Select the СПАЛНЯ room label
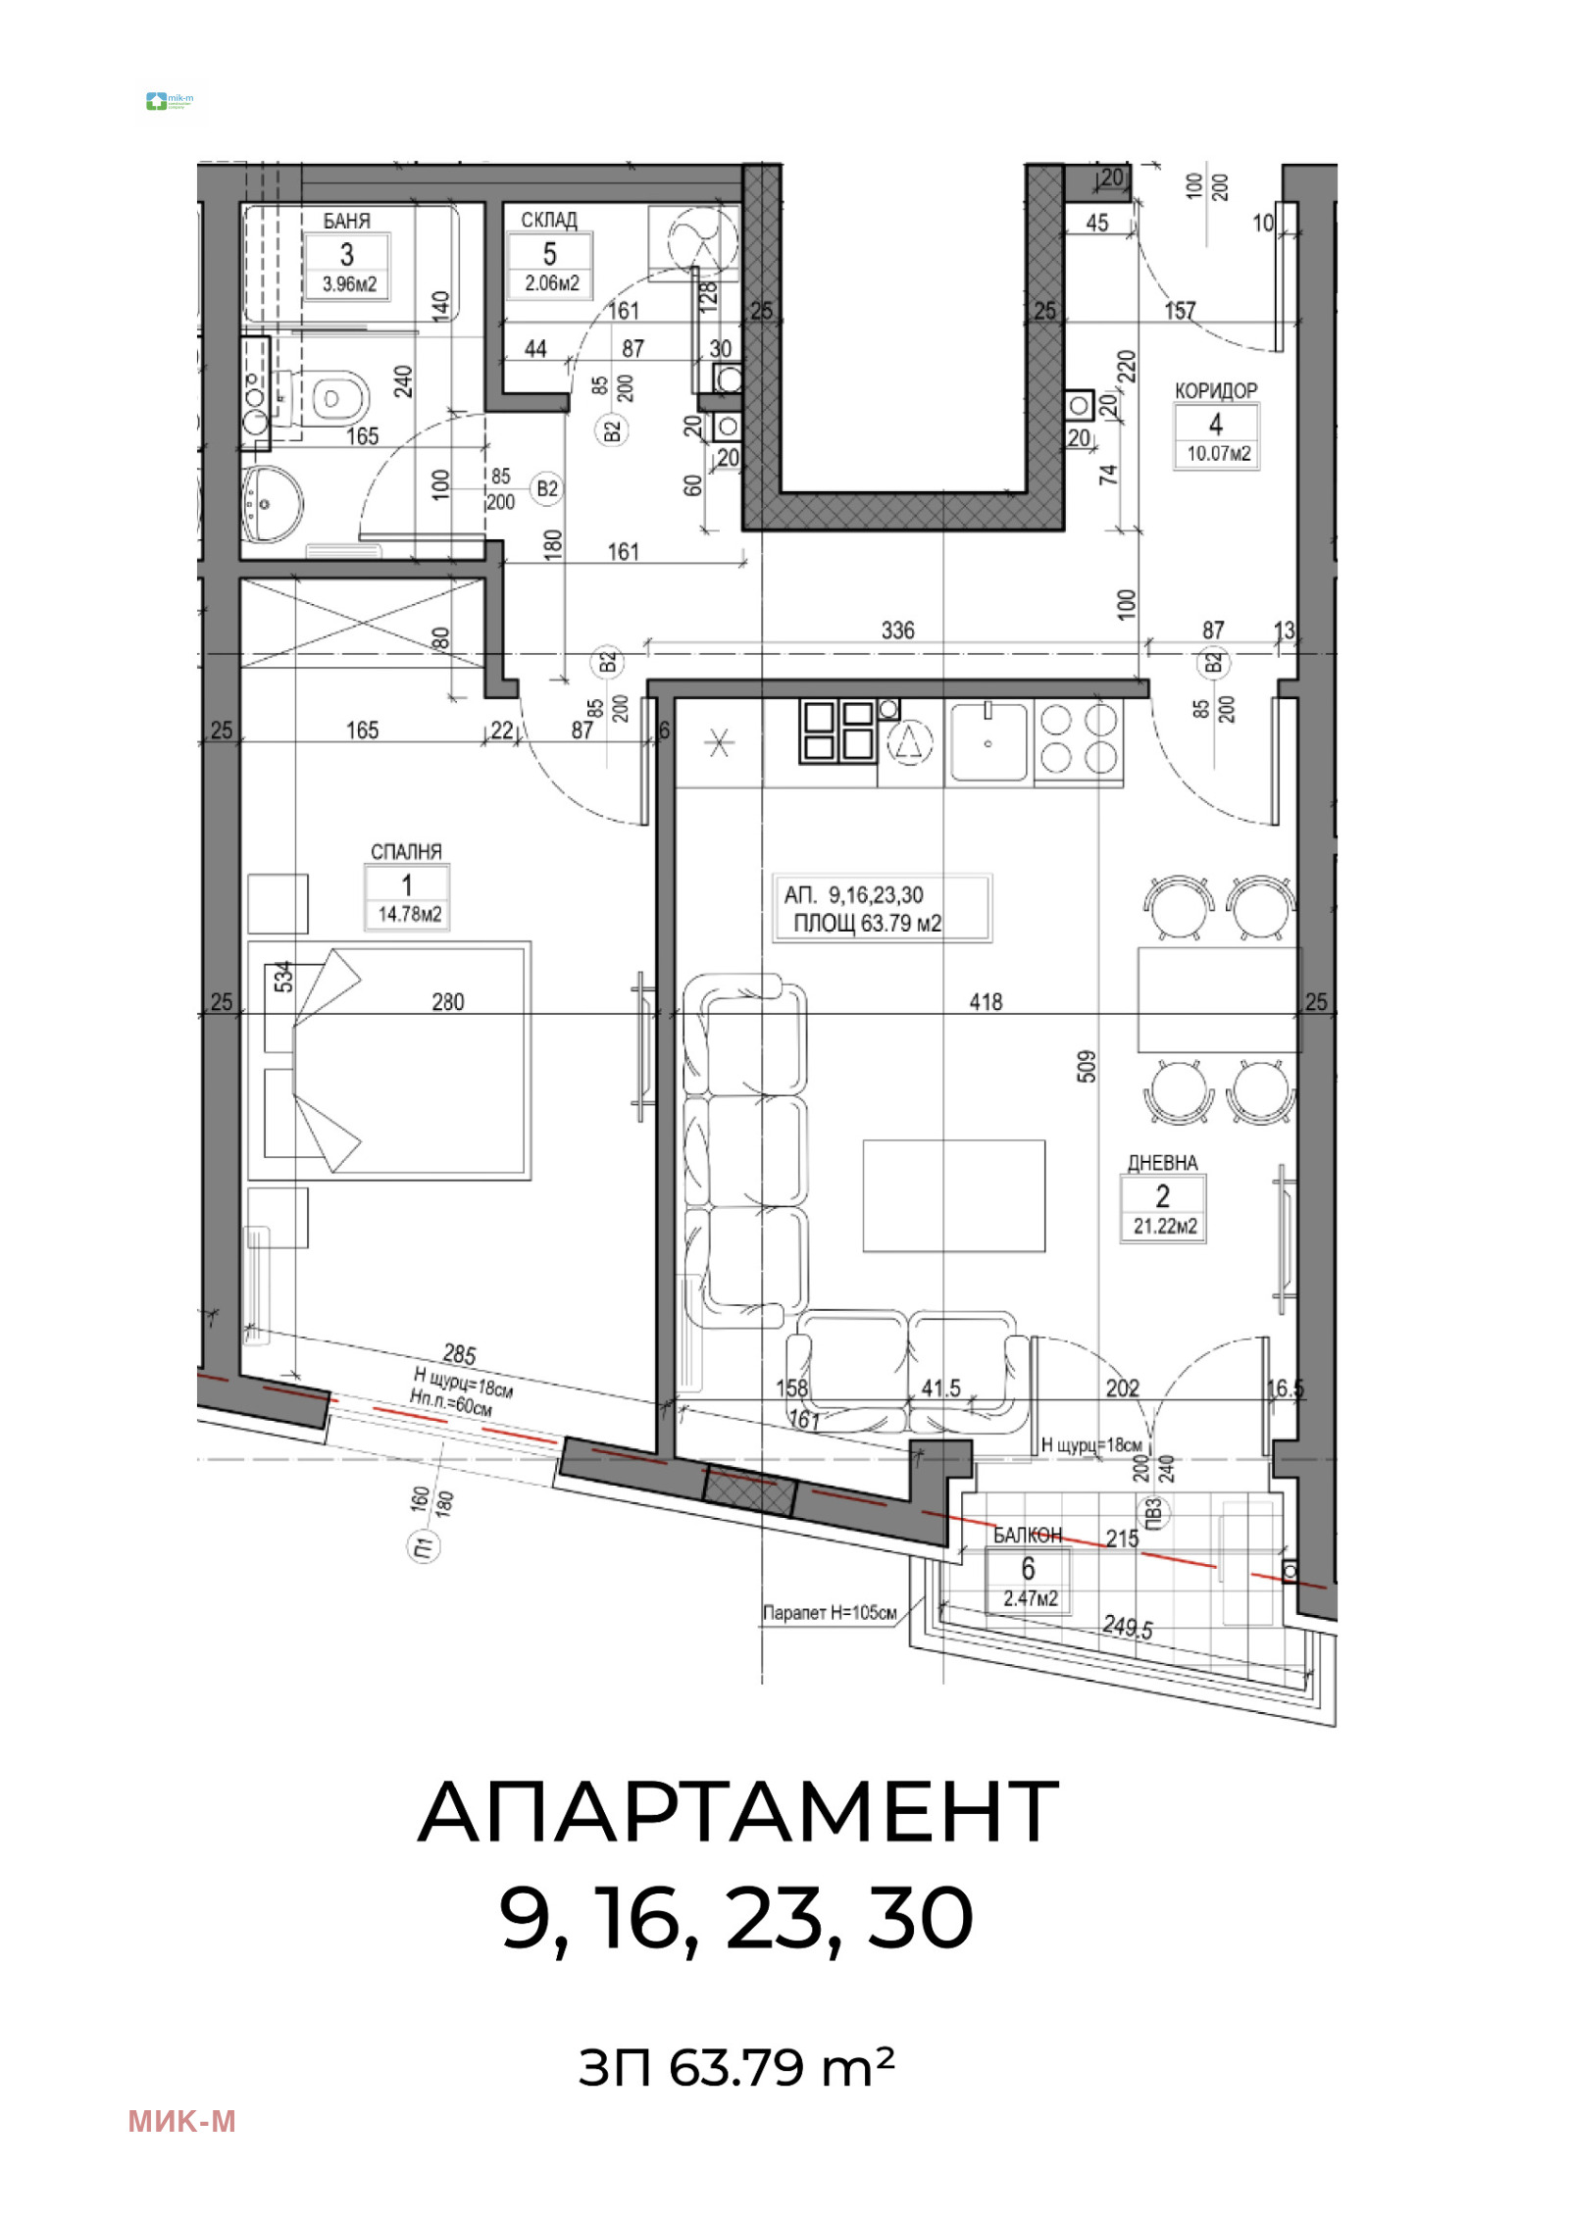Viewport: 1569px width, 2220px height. [x=406, y=851]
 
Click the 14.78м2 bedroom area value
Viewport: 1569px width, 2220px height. [x=409, y=914]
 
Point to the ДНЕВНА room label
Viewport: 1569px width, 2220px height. [x=1162, y=1163]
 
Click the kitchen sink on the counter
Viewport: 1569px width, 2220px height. [x=988, y=742]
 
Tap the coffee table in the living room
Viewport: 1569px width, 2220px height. [x=953, y=1195]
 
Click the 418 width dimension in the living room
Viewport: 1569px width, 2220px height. [x=986, y=1001]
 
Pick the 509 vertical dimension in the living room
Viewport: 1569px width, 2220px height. [x=1087, y=1066]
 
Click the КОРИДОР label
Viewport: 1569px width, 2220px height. [x=1216, y=390]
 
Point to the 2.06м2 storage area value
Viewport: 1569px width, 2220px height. [x=551, y=283]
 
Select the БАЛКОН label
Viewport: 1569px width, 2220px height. [x=1027, y=1535]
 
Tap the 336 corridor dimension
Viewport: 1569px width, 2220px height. [x=897, y=630]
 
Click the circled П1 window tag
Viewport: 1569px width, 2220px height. [x=423, y=1547]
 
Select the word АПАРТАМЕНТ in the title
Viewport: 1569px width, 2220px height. [x=737, y=1813]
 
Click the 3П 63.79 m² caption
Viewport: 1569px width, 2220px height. [x=735, y=2068]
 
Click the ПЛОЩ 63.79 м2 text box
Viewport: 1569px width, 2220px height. [x=867, y=923]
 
